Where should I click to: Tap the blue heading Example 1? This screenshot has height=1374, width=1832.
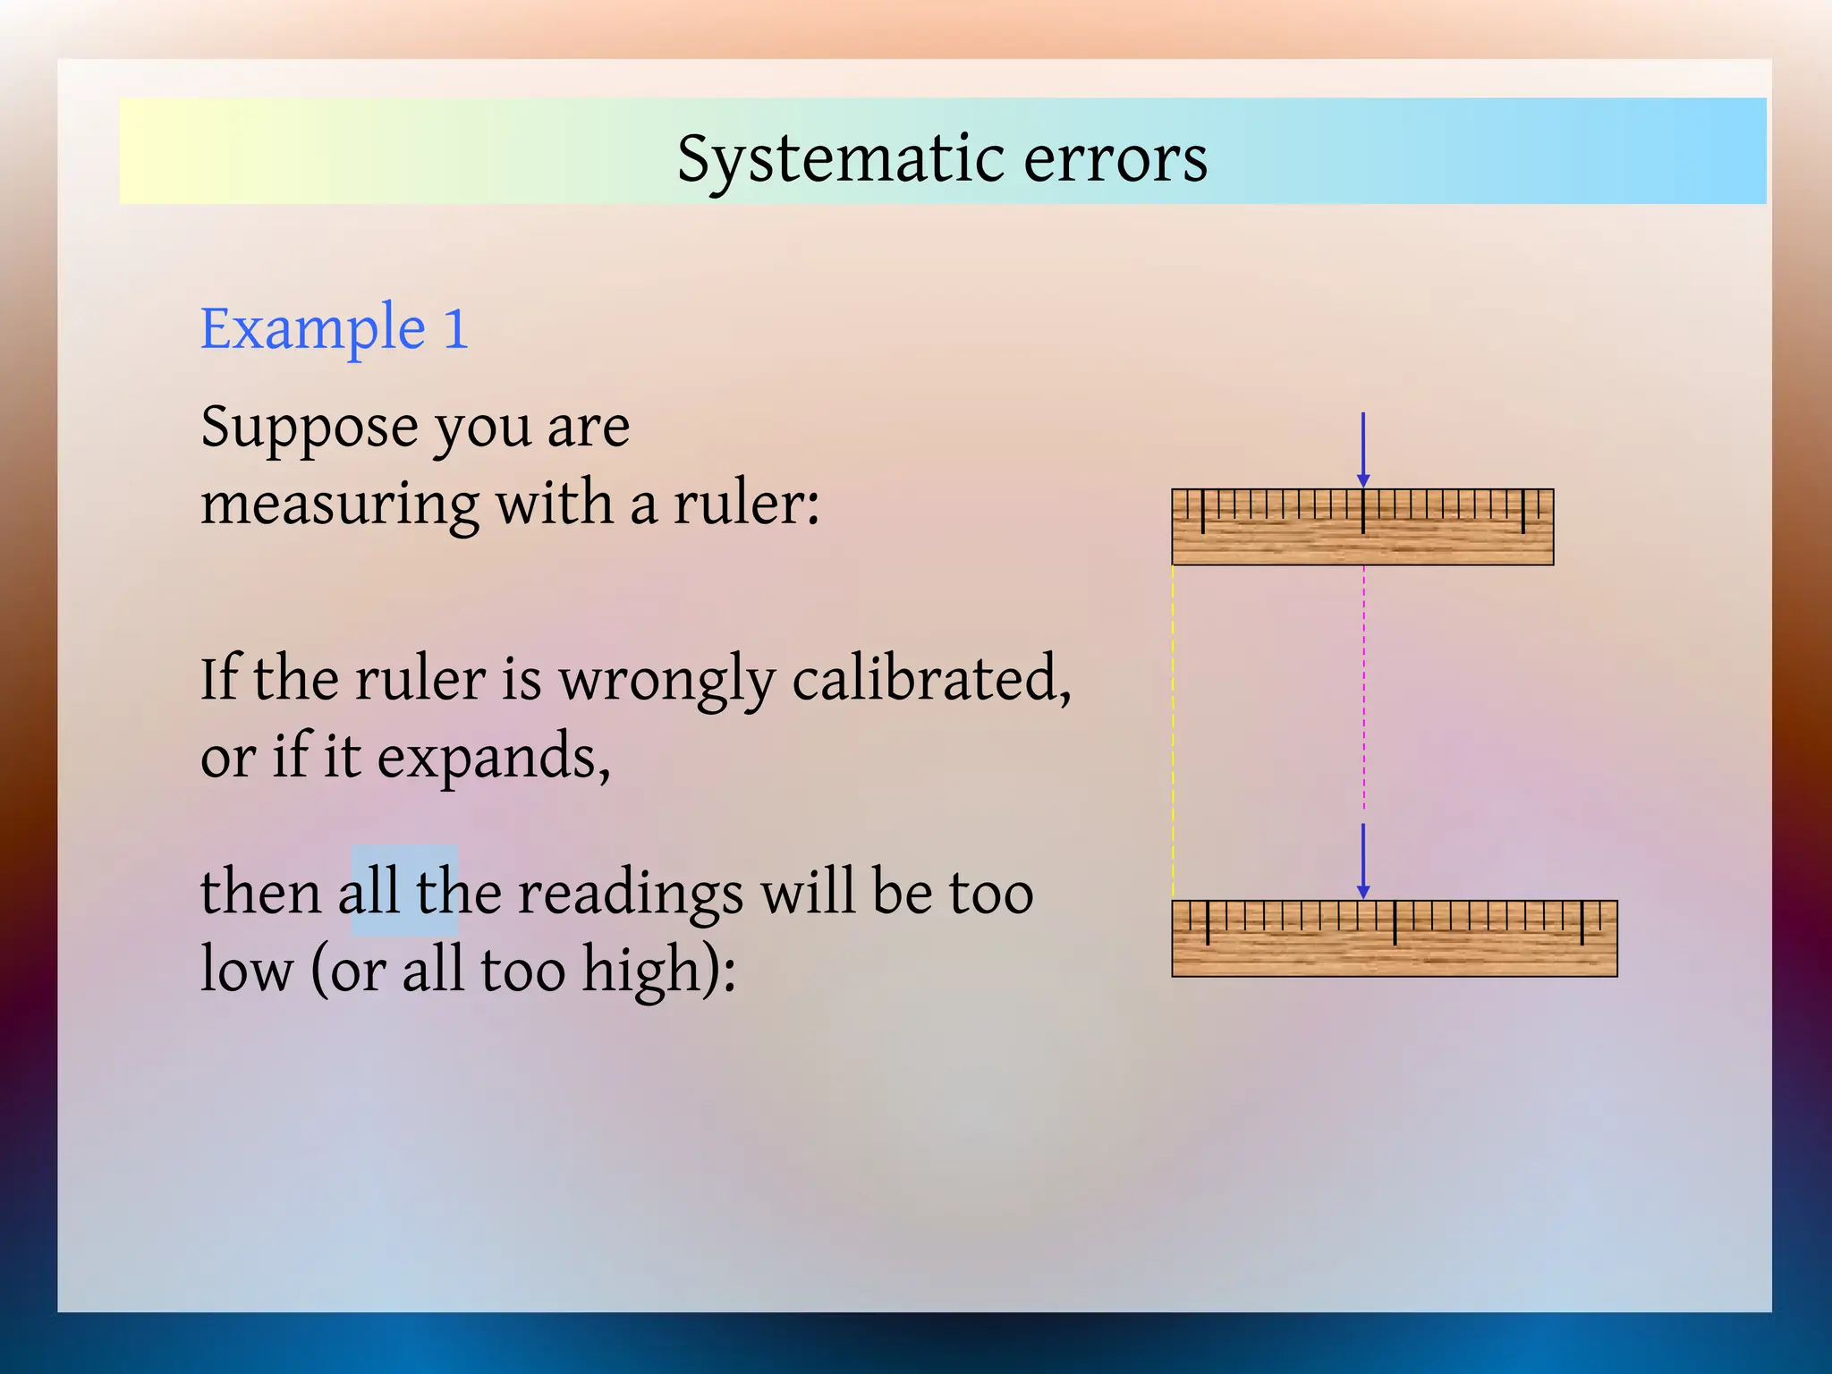coord(334,328)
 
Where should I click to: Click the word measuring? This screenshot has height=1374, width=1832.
coord(340,504)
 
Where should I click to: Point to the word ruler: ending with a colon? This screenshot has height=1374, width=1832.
coord(746,504)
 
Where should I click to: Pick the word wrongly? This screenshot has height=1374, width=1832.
coord(667,680)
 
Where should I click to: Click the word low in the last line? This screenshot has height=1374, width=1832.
coord(246,971)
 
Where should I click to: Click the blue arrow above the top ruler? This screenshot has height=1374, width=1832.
coord(1362,447)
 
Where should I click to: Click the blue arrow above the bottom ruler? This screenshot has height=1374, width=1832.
coord(1362,859)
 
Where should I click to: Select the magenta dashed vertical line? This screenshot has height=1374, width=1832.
coord(1363,689)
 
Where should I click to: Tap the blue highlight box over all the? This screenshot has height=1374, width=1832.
coord(403,890)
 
